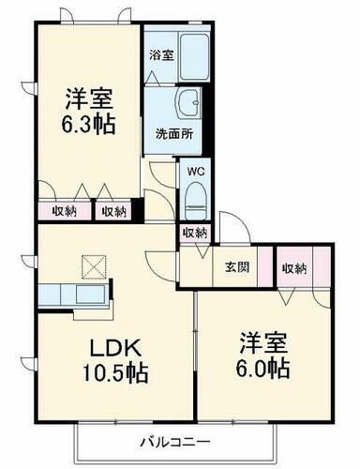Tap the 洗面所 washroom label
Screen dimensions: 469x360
click(173, 133)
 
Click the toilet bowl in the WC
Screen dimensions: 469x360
click(196, 199)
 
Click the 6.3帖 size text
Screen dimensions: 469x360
click(91, 124)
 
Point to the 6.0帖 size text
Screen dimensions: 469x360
click(262, 366)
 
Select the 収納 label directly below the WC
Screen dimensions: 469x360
click(195, 233)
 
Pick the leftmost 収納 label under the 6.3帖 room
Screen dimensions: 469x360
click(65, 211)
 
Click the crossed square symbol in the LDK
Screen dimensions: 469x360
click(95, 268)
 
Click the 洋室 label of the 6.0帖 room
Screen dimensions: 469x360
click(263, 340)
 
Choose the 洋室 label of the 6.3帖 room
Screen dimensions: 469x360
click(90, 97)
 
